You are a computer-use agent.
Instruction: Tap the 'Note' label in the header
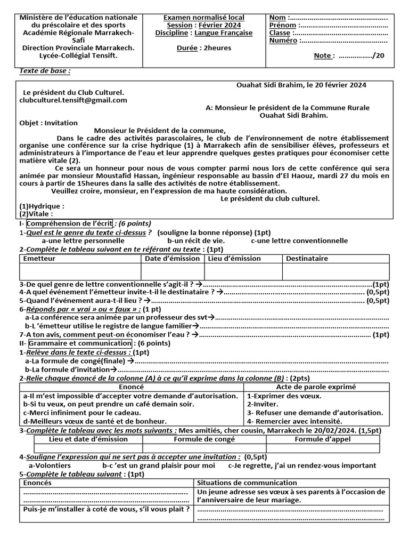tap(323, 55)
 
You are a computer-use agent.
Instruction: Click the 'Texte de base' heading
tap(45, 71)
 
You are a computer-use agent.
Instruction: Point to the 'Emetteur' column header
tap(39, 259)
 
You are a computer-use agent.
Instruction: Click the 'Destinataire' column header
tap(307, 259)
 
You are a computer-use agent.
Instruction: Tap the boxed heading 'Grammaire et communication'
tap(80, 343)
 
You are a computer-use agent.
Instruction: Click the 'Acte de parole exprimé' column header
tap(315, 387)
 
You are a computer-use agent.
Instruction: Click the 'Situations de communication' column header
tap(247, 483)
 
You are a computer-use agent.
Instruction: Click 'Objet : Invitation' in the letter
tap(48, 123)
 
